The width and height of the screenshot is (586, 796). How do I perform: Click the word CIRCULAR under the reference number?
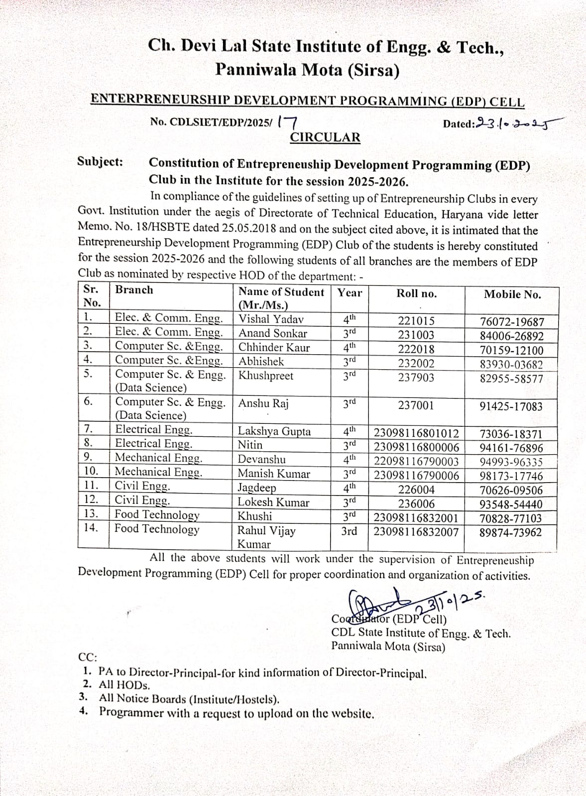pyautogui.click(x=325, y=137)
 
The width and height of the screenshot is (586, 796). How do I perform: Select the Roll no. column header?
pyautogui.click(x=416, y=294)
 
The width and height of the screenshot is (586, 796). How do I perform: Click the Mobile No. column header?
pyautogui.click(x=512, y=294)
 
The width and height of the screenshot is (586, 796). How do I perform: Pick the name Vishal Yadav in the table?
pyautogui.click(x=271, y=319)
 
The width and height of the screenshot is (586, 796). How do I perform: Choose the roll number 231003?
pyautogui.click(x=416, y=335)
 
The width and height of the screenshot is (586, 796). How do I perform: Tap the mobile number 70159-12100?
pyautogui.click(x=511, y=350)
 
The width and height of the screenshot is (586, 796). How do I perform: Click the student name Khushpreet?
pyautogui.click(x=266, y=376)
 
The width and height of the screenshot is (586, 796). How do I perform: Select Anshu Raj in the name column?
pyautogui.click(x=263, y=403)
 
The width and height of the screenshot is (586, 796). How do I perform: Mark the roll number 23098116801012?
pyautogui.click(x=416, y=434)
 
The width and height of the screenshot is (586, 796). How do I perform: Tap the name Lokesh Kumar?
pyautogui.click(x=273, y=502)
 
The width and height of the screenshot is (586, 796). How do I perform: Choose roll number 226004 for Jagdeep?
pyautogui.click(x=416, y=490)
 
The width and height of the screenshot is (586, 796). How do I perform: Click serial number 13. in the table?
pyautogui.click(x=91, y=514)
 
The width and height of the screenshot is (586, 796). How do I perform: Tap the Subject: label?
pyautogui.click(x=100, y=162)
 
